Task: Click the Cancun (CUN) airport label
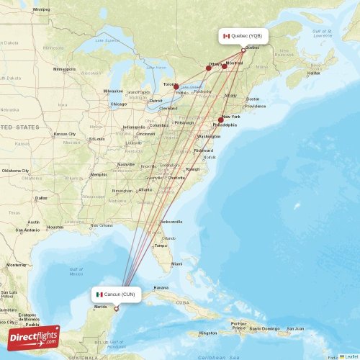[116, 294]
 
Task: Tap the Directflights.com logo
[34, 337]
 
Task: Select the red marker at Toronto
[176, 86]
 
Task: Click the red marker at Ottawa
[209, 68]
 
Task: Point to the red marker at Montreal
[225, 66]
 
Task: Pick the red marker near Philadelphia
[220, 120]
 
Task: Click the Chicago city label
[118, 104]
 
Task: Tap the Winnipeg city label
[41, 10]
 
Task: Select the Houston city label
[55, 227]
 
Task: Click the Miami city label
[176, 264]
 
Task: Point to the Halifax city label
[313, 73]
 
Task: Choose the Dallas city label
[40, 197]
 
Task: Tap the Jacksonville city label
[171, 222]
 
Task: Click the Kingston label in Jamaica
[208, 333]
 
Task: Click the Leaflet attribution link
[350, 356]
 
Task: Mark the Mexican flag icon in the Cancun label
[99, 294]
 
